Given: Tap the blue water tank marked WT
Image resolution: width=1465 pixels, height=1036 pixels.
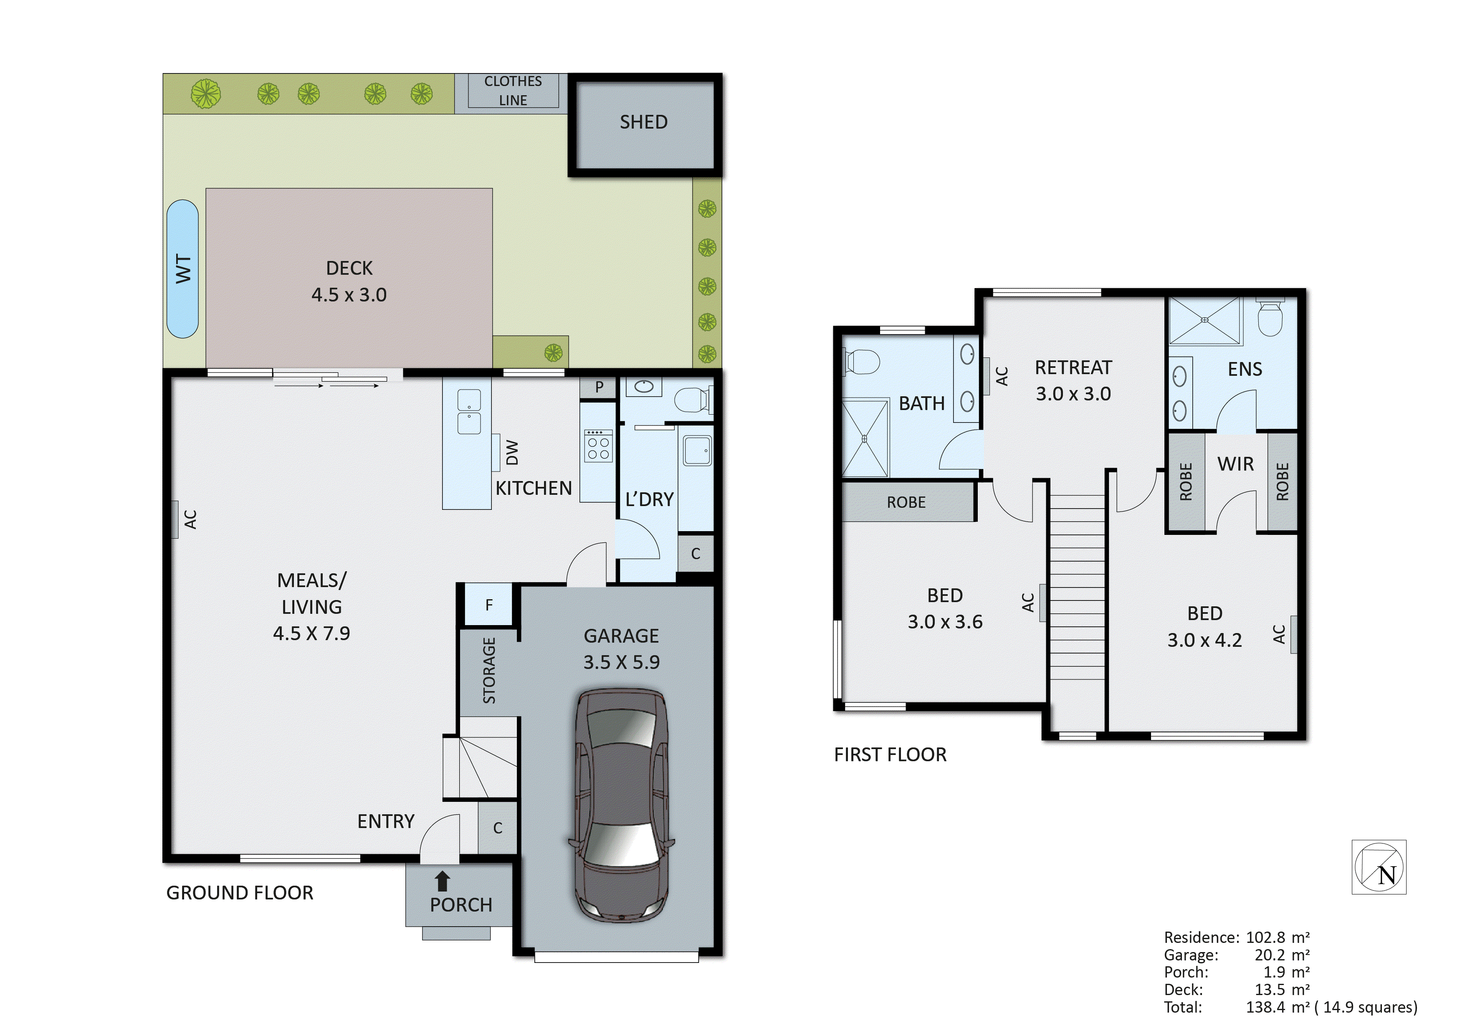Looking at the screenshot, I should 182,269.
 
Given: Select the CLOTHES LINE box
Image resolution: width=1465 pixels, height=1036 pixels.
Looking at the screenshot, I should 513,91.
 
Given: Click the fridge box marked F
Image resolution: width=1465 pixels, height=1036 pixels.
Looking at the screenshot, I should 489,605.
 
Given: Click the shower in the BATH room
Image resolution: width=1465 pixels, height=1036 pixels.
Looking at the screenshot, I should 865,438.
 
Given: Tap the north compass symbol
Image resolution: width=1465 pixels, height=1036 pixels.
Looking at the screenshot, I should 1379,867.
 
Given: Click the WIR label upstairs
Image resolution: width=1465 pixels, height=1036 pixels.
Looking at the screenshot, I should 1235,464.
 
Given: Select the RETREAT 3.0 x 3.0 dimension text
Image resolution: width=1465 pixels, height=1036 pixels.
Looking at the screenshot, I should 1073,394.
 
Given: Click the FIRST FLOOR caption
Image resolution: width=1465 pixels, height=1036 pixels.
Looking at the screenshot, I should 890,755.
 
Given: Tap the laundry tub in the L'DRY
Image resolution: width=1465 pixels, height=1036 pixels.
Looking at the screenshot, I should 697,451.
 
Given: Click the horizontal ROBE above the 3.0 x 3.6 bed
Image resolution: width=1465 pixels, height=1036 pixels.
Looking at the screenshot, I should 906,502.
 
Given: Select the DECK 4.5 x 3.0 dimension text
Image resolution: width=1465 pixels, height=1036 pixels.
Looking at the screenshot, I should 349,295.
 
